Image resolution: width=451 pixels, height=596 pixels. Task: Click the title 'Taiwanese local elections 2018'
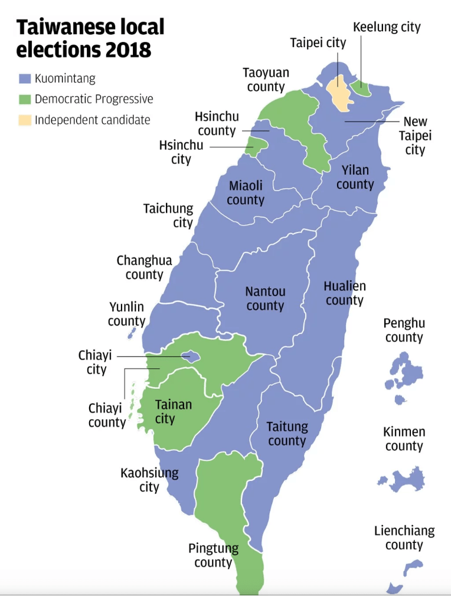[90, 38]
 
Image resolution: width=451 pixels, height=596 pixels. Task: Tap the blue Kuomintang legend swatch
[24, 78]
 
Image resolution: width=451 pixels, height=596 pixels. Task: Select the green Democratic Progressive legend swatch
[24, 99]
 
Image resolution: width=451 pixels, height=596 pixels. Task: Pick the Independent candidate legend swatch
[24, 120]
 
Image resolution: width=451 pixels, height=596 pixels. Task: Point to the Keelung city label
[387, 27]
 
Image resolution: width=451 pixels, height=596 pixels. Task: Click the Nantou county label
[265, 299]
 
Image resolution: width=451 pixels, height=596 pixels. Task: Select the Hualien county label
[345, 293]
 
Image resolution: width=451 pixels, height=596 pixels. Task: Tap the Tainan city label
[173, 412]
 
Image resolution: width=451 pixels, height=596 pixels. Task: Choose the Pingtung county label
[213, 555]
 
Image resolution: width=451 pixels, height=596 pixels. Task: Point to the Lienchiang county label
[404, 538]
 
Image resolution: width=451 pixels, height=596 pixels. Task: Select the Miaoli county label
[246, 193]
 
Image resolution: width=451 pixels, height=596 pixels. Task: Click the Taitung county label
[287, 434]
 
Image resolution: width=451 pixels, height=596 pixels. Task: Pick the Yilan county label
[355, 178]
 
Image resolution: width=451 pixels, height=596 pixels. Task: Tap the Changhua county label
[144, 267]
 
